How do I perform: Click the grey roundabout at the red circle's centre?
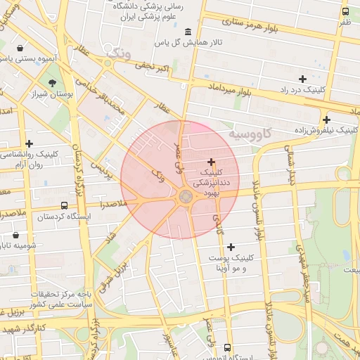pyautogui.click(x=186, y=197)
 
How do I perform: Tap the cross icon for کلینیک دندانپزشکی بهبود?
pyautogui.click(x=211, y=162)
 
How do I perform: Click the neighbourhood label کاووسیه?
pyautogui.click(x=250, y=134)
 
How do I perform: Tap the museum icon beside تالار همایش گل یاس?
pyautogui.click(x=188, y=32)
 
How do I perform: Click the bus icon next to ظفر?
pyautogui.click(x=345, y=11)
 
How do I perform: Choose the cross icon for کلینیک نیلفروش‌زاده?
pyautogui.click(x=326, y=119)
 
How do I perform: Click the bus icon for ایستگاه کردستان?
pyautogui.click(x=64, y=206)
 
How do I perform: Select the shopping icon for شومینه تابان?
pyautogui.click(x=16, y=235)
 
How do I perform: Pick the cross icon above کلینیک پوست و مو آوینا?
pyautogui.click(x=231, y=246)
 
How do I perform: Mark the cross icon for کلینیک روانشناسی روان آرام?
pyautogui.click(x=29, y=143)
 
